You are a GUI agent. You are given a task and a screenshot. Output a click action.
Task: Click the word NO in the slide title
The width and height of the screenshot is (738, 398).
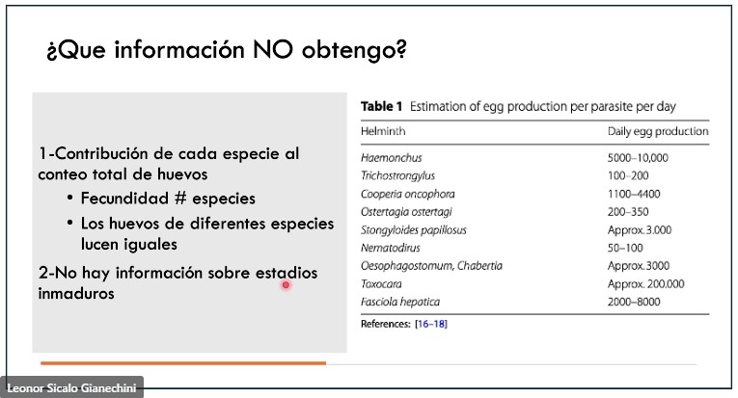point(273,49)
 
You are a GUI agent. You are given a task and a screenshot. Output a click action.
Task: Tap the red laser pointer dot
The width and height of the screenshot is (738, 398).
point(286,284)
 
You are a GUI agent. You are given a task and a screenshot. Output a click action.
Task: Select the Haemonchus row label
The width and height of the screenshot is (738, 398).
point(391,158)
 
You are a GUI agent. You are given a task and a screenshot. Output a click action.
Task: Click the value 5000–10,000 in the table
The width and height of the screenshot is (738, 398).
point(638,158)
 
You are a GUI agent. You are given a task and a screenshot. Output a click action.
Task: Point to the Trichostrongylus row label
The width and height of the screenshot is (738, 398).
point(397,175)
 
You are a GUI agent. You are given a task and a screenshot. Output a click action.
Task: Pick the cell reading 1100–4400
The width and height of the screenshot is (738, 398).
point(634,194)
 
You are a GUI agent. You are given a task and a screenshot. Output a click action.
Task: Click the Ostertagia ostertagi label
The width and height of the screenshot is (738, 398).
point(406,212)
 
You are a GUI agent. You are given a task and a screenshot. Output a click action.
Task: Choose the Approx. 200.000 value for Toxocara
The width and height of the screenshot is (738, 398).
point(645,284)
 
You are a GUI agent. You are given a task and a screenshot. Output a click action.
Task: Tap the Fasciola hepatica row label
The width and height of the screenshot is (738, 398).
point(400,302)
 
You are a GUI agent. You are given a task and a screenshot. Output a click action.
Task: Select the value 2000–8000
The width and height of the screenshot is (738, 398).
point(634,302)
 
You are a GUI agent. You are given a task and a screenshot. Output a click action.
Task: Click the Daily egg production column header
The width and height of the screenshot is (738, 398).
point(658,132)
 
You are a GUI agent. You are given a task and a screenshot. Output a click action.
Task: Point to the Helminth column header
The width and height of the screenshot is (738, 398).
point(383,131)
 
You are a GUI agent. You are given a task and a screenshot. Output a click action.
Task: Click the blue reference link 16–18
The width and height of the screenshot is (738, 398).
point(431,324)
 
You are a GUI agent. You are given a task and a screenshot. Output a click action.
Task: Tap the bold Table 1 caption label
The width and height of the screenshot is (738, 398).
point(381,107)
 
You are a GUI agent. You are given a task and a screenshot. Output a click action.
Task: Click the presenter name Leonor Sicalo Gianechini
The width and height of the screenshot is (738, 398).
point(71,388)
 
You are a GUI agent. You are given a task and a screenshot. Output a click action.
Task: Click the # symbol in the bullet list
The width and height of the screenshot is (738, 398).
point(180,199)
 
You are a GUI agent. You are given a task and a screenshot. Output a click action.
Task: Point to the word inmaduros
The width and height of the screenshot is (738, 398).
point(76,294)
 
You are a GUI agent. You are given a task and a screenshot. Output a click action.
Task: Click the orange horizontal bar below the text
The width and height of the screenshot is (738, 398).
point(183,363)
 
